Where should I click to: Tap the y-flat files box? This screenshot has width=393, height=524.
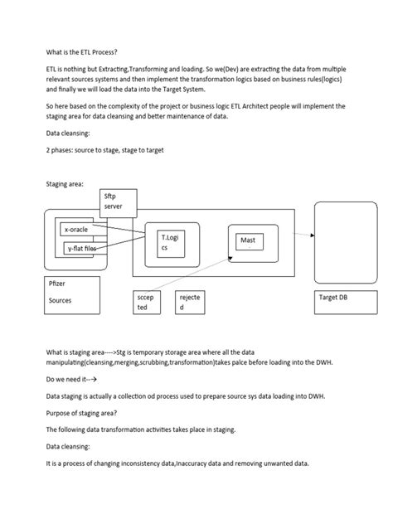[80, 247]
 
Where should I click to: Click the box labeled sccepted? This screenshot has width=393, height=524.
[148, 302]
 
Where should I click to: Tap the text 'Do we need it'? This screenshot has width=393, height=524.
[67, 377]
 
